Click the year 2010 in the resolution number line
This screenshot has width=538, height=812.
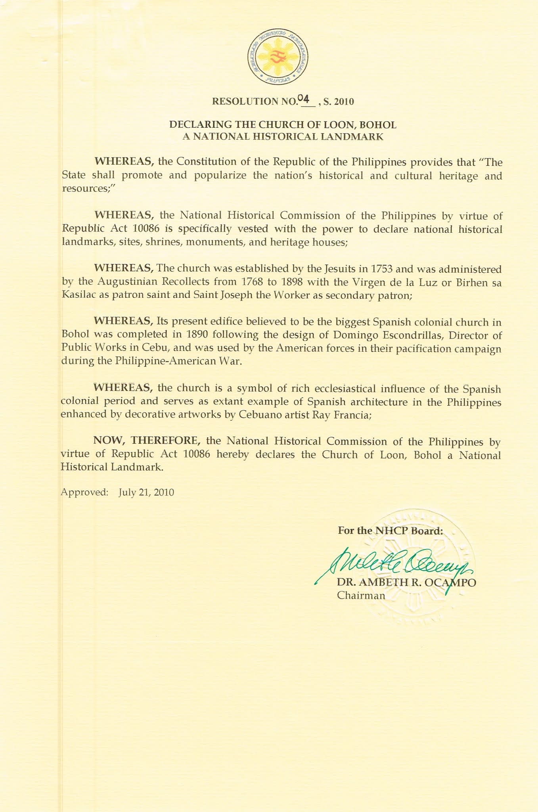pos(344,101)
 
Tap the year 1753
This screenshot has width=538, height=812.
pos(381,269)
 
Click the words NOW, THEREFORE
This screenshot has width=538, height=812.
pos(146,440)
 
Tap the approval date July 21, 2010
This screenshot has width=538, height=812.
pos(146,492)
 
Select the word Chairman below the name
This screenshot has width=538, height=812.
pos(361,595)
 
